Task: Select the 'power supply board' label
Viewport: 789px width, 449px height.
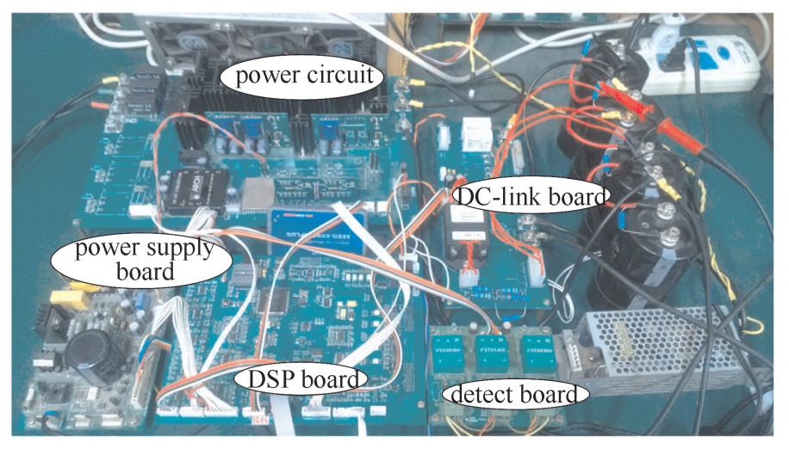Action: point(143,261)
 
